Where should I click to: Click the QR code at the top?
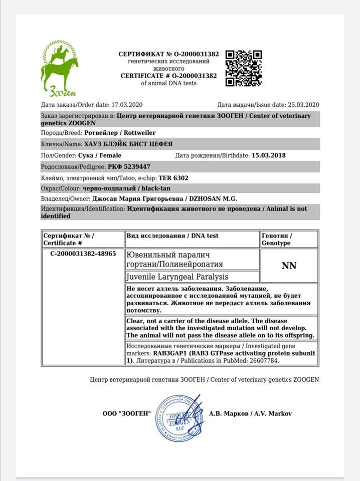[243, 68]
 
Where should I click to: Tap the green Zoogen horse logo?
[59, 69]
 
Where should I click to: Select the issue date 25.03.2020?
[303, 105]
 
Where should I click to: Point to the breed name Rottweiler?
[141, 133]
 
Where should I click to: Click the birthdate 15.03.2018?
[268, 155]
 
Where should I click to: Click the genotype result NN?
[289, 266]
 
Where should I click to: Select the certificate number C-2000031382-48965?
[83, 254]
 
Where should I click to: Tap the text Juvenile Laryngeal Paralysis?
[178, 277]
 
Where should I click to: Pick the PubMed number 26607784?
[260, 360]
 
